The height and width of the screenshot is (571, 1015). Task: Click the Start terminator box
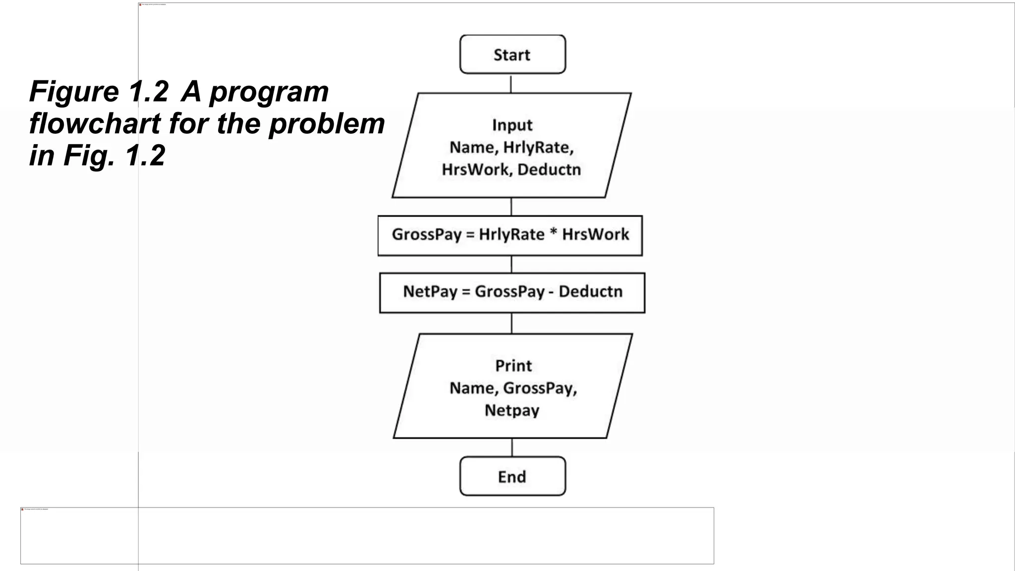click(x=512, y=55)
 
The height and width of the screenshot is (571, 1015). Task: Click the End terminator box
click(x=512, y=476)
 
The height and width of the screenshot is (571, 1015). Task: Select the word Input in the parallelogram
click(x=512, y=125)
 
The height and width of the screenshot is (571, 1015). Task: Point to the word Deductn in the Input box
click(x=549, y=170)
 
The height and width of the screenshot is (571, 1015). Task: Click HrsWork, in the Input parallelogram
click(x=477, y=170)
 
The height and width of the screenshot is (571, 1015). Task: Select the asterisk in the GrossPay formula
click(x=553, y=233)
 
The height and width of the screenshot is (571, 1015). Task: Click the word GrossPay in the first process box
click(x=427, y=234)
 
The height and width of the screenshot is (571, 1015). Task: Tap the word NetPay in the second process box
click(x=430, y=291)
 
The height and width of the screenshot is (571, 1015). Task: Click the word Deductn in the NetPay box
click(x=590, y=291)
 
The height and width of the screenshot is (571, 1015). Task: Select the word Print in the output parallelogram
click(x=513, y=366)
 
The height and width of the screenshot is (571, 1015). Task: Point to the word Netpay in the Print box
click(x=512, y=410)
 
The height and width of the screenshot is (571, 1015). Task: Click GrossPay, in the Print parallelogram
click(x=540, y=388)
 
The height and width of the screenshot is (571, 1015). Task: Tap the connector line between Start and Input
click(x=511, y=83)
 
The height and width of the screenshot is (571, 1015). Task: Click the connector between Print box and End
click(x=512, y=447)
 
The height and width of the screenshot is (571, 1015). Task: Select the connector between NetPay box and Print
click(x=511, y=323)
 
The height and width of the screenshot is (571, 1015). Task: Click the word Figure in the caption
click(x=74, y=93)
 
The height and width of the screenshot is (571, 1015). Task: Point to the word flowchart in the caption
click(x=95, y=124)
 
